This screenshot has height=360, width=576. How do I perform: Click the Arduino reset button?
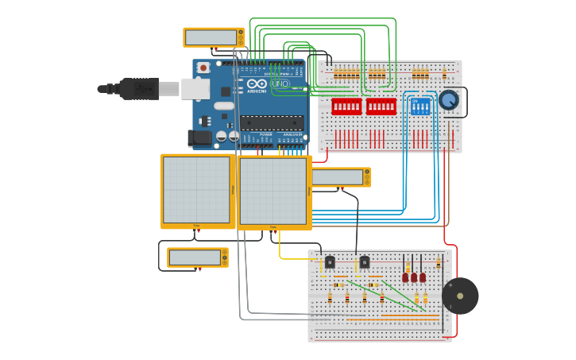(x=203, y=68)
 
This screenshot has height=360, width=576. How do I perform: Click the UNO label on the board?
(x=280, y=83)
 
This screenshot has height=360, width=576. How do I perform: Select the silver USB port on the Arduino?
(x=195, y=88)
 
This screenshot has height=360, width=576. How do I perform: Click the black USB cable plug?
(x=139, y=89)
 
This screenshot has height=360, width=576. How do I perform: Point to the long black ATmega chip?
(x=272, y=122)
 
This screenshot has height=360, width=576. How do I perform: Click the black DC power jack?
(x=201, y=137)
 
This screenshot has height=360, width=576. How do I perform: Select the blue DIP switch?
(x=420, y=106)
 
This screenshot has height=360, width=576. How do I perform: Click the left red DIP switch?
(x=346, y=106)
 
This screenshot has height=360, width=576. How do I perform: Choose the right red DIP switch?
(x=381, y=106)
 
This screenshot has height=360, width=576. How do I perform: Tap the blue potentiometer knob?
(x=449, y=100)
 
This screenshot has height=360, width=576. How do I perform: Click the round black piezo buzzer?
(x=460, y=296)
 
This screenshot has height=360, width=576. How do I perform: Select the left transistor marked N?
(x=330, y=261)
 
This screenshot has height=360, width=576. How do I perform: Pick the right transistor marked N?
(x=365, y=261)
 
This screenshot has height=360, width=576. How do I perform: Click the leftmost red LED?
(x=405, y=277)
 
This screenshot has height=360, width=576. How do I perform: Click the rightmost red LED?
(x=423, y=277)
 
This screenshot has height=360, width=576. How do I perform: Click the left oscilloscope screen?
(x=197, y=192)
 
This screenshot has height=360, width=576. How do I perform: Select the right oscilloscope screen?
(x=273, y=192)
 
